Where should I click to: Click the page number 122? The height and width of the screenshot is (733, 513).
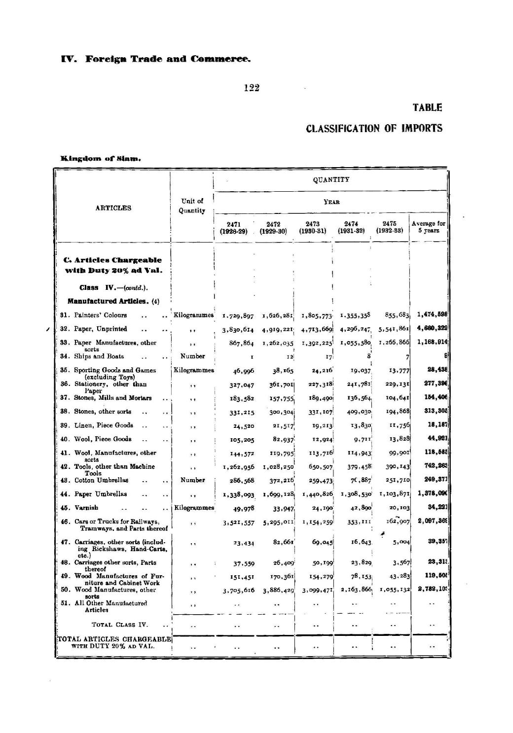coord(252,88)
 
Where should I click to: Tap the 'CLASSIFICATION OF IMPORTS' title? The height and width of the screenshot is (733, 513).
coord(374,129)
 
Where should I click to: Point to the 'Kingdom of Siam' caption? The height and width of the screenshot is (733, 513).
coord(101,159)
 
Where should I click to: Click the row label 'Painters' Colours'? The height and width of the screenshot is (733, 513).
coord(100,315)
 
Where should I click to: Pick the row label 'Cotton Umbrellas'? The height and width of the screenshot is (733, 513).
coord(101,480)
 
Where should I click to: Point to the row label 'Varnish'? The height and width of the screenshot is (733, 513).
coord(86,508)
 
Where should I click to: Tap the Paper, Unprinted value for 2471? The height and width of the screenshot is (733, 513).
coord(238,329)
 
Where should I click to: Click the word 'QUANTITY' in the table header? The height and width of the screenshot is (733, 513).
coord(330,180)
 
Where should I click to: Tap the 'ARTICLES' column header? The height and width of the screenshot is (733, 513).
coord(113,208)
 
